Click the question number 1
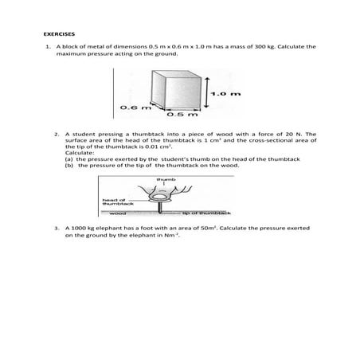click(48, 48)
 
